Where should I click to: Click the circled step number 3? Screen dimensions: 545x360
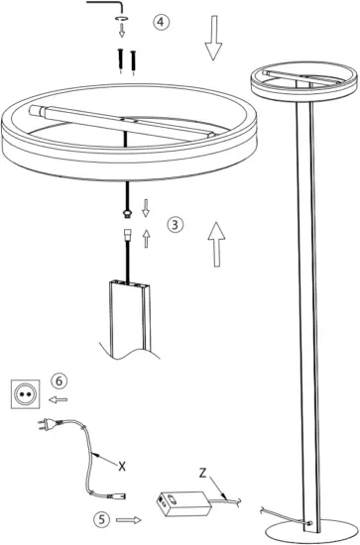coord(175,224)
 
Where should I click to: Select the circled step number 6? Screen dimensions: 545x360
coord(60,381)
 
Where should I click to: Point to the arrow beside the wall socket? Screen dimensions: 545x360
coord(59,400)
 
